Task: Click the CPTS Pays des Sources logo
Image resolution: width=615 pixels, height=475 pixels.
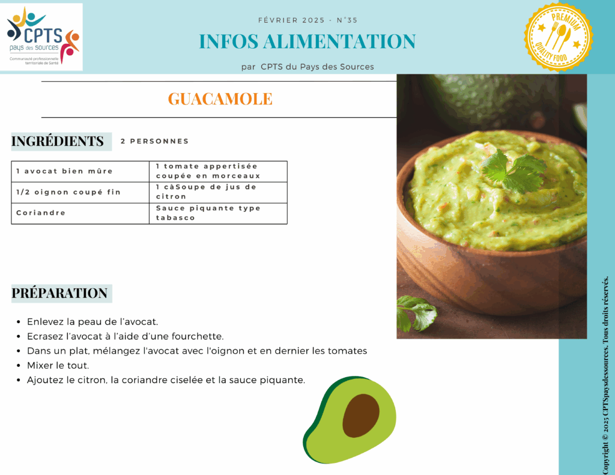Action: point(41,37)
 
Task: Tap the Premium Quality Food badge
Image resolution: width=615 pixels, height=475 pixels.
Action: point(559,37)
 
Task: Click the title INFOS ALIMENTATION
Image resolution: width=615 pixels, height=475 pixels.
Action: point(307,41)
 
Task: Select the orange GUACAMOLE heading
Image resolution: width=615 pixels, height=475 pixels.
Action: point(220,99)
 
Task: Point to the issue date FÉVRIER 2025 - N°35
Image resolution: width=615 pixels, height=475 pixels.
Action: point(307,20)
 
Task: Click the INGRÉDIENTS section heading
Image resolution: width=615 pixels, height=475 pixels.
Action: point(58,141)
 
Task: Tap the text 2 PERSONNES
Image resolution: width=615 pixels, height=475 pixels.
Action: point(154,141)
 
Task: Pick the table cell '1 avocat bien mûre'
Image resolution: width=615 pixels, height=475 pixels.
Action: point(80,171)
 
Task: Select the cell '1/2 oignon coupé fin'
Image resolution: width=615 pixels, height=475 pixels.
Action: point(80,192)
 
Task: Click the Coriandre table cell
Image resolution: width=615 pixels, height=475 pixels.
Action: point(80,213)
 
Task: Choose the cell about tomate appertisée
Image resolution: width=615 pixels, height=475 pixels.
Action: point(218,171)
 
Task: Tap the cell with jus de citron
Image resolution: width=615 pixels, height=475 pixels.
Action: point(218,192)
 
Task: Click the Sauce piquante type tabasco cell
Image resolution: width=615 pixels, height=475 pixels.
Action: point(218,213)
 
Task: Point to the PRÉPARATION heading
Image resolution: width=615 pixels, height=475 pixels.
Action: point(59,294)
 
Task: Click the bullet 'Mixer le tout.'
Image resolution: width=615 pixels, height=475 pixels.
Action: point(58,366)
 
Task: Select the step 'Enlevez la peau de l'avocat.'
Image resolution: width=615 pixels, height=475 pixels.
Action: point(92,322)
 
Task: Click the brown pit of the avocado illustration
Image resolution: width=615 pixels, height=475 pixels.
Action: point(361,416)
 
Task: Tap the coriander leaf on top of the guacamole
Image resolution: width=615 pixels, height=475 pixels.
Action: point(514,171)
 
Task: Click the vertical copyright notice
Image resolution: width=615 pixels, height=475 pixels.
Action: point(605,375)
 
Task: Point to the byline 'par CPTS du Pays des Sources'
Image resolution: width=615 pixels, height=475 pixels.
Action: point(307,67)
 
